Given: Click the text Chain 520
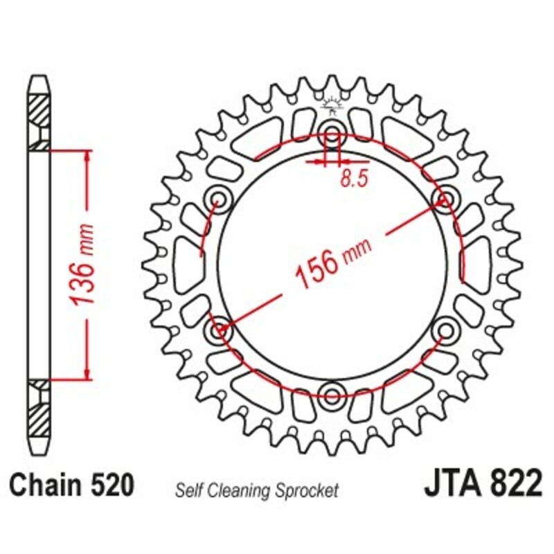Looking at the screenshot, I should point(71,485).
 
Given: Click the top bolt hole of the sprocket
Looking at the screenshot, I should point(332,134).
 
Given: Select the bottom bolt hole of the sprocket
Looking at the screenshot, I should point(332,396).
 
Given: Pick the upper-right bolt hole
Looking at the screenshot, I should point(445,199).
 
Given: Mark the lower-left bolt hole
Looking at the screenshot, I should point(219,330).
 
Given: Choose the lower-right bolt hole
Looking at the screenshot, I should point(445,330).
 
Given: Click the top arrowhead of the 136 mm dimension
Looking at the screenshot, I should point(87,156).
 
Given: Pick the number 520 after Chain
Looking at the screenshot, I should point(110,485).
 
